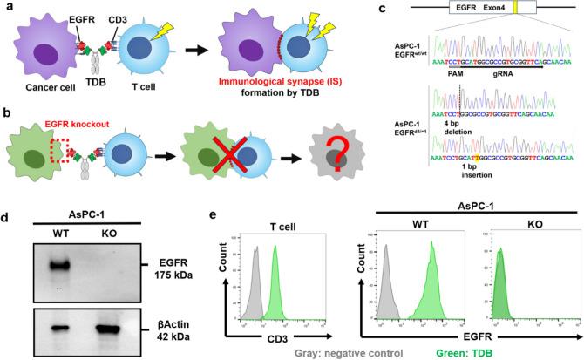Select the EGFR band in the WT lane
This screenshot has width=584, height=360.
[59, 265]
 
